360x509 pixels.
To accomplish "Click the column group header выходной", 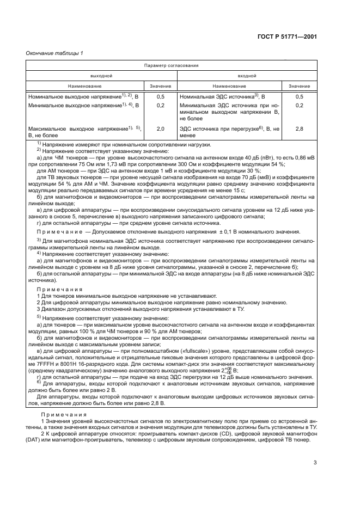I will [101, 76].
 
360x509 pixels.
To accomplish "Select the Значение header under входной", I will [299, 86].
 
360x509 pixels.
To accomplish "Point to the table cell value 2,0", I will [160, 128].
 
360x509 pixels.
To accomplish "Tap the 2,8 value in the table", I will [299, 128].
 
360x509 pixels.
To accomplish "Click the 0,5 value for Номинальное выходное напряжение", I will [160, 96].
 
